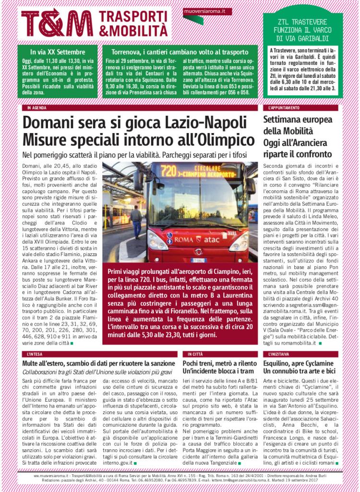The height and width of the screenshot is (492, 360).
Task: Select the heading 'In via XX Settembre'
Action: pos(57,51)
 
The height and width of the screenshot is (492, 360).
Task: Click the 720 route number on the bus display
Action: pos(168,171)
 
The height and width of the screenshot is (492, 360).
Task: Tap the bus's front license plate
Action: pos(198,260)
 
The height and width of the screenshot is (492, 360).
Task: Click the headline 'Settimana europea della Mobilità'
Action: pos(298,125)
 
